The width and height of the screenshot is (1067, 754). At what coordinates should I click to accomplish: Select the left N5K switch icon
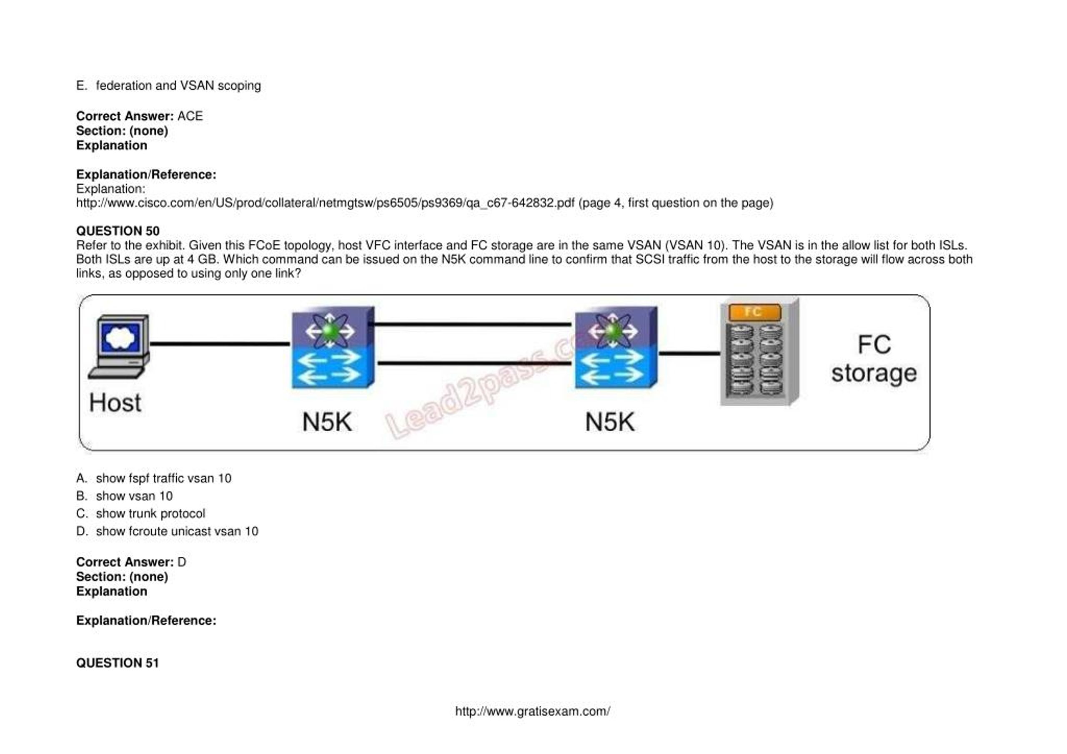(332, 347)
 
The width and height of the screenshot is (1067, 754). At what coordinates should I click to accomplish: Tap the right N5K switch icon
(615, 347)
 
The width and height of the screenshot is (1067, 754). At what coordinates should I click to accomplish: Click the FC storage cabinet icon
(759, 352)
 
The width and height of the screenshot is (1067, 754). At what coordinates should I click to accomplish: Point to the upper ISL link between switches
(472, 324)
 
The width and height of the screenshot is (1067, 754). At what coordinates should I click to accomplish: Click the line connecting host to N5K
(219, 344)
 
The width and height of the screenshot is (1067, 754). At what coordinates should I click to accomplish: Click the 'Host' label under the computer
(115, 402)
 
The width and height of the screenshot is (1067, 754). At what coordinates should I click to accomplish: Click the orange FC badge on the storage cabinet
(754, 312)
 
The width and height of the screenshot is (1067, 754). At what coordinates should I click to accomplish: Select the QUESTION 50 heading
(118, 231)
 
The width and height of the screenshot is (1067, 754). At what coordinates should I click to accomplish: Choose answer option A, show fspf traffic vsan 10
(163, 478)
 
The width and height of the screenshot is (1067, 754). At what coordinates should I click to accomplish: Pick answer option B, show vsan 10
(134, 496)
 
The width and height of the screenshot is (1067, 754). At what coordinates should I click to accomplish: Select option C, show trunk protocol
(150, 514)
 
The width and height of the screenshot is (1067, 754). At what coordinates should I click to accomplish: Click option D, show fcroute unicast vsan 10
(177, 531)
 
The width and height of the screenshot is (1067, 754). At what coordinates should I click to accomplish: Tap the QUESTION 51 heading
(117, 663)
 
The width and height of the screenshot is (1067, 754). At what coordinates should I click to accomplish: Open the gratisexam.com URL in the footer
(533, 711)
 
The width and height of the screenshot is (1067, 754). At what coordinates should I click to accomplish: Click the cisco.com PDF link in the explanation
(325, 203)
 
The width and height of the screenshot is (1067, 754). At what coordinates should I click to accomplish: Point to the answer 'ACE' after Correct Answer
(190, 116)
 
